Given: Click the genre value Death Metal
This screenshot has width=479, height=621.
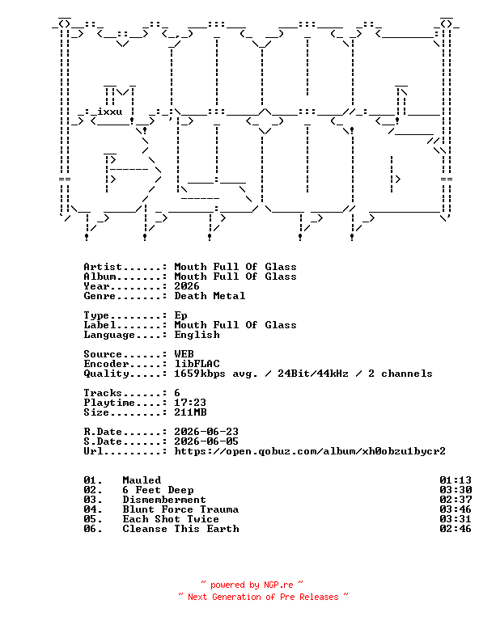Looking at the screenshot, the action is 210,296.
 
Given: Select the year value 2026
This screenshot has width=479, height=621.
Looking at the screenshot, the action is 187,286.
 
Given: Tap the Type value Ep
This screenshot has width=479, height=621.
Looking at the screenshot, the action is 180,315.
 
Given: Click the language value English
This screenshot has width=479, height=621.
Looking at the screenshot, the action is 197,335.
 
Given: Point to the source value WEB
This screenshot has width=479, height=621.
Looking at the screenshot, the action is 184,353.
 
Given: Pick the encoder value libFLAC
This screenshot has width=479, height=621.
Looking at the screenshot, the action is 197,364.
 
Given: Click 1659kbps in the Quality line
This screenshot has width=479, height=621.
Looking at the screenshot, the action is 200,374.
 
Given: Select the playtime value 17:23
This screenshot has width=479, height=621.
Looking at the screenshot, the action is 190,403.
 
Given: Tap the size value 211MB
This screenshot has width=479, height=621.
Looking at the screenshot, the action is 190,412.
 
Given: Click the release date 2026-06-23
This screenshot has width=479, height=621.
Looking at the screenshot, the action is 206,432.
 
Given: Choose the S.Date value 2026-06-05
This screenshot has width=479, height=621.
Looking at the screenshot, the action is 206,441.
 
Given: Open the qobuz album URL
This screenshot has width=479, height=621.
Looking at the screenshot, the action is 310,451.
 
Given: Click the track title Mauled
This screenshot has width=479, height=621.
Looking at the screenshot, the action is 142,480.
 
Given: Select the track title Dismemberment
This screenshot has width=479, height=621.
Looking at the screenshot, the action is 164,500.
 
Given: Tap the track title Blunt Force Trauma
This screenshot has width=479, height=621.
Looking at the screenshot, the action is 180,509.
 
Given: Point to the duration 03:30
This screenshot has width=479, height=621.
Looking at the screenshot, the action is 456,490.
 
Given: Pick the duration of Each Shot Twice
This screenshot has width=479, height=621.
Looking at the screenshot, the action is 456,519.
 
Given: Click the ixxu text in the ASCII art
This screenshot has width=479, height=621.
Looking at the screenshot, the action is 110,112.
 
